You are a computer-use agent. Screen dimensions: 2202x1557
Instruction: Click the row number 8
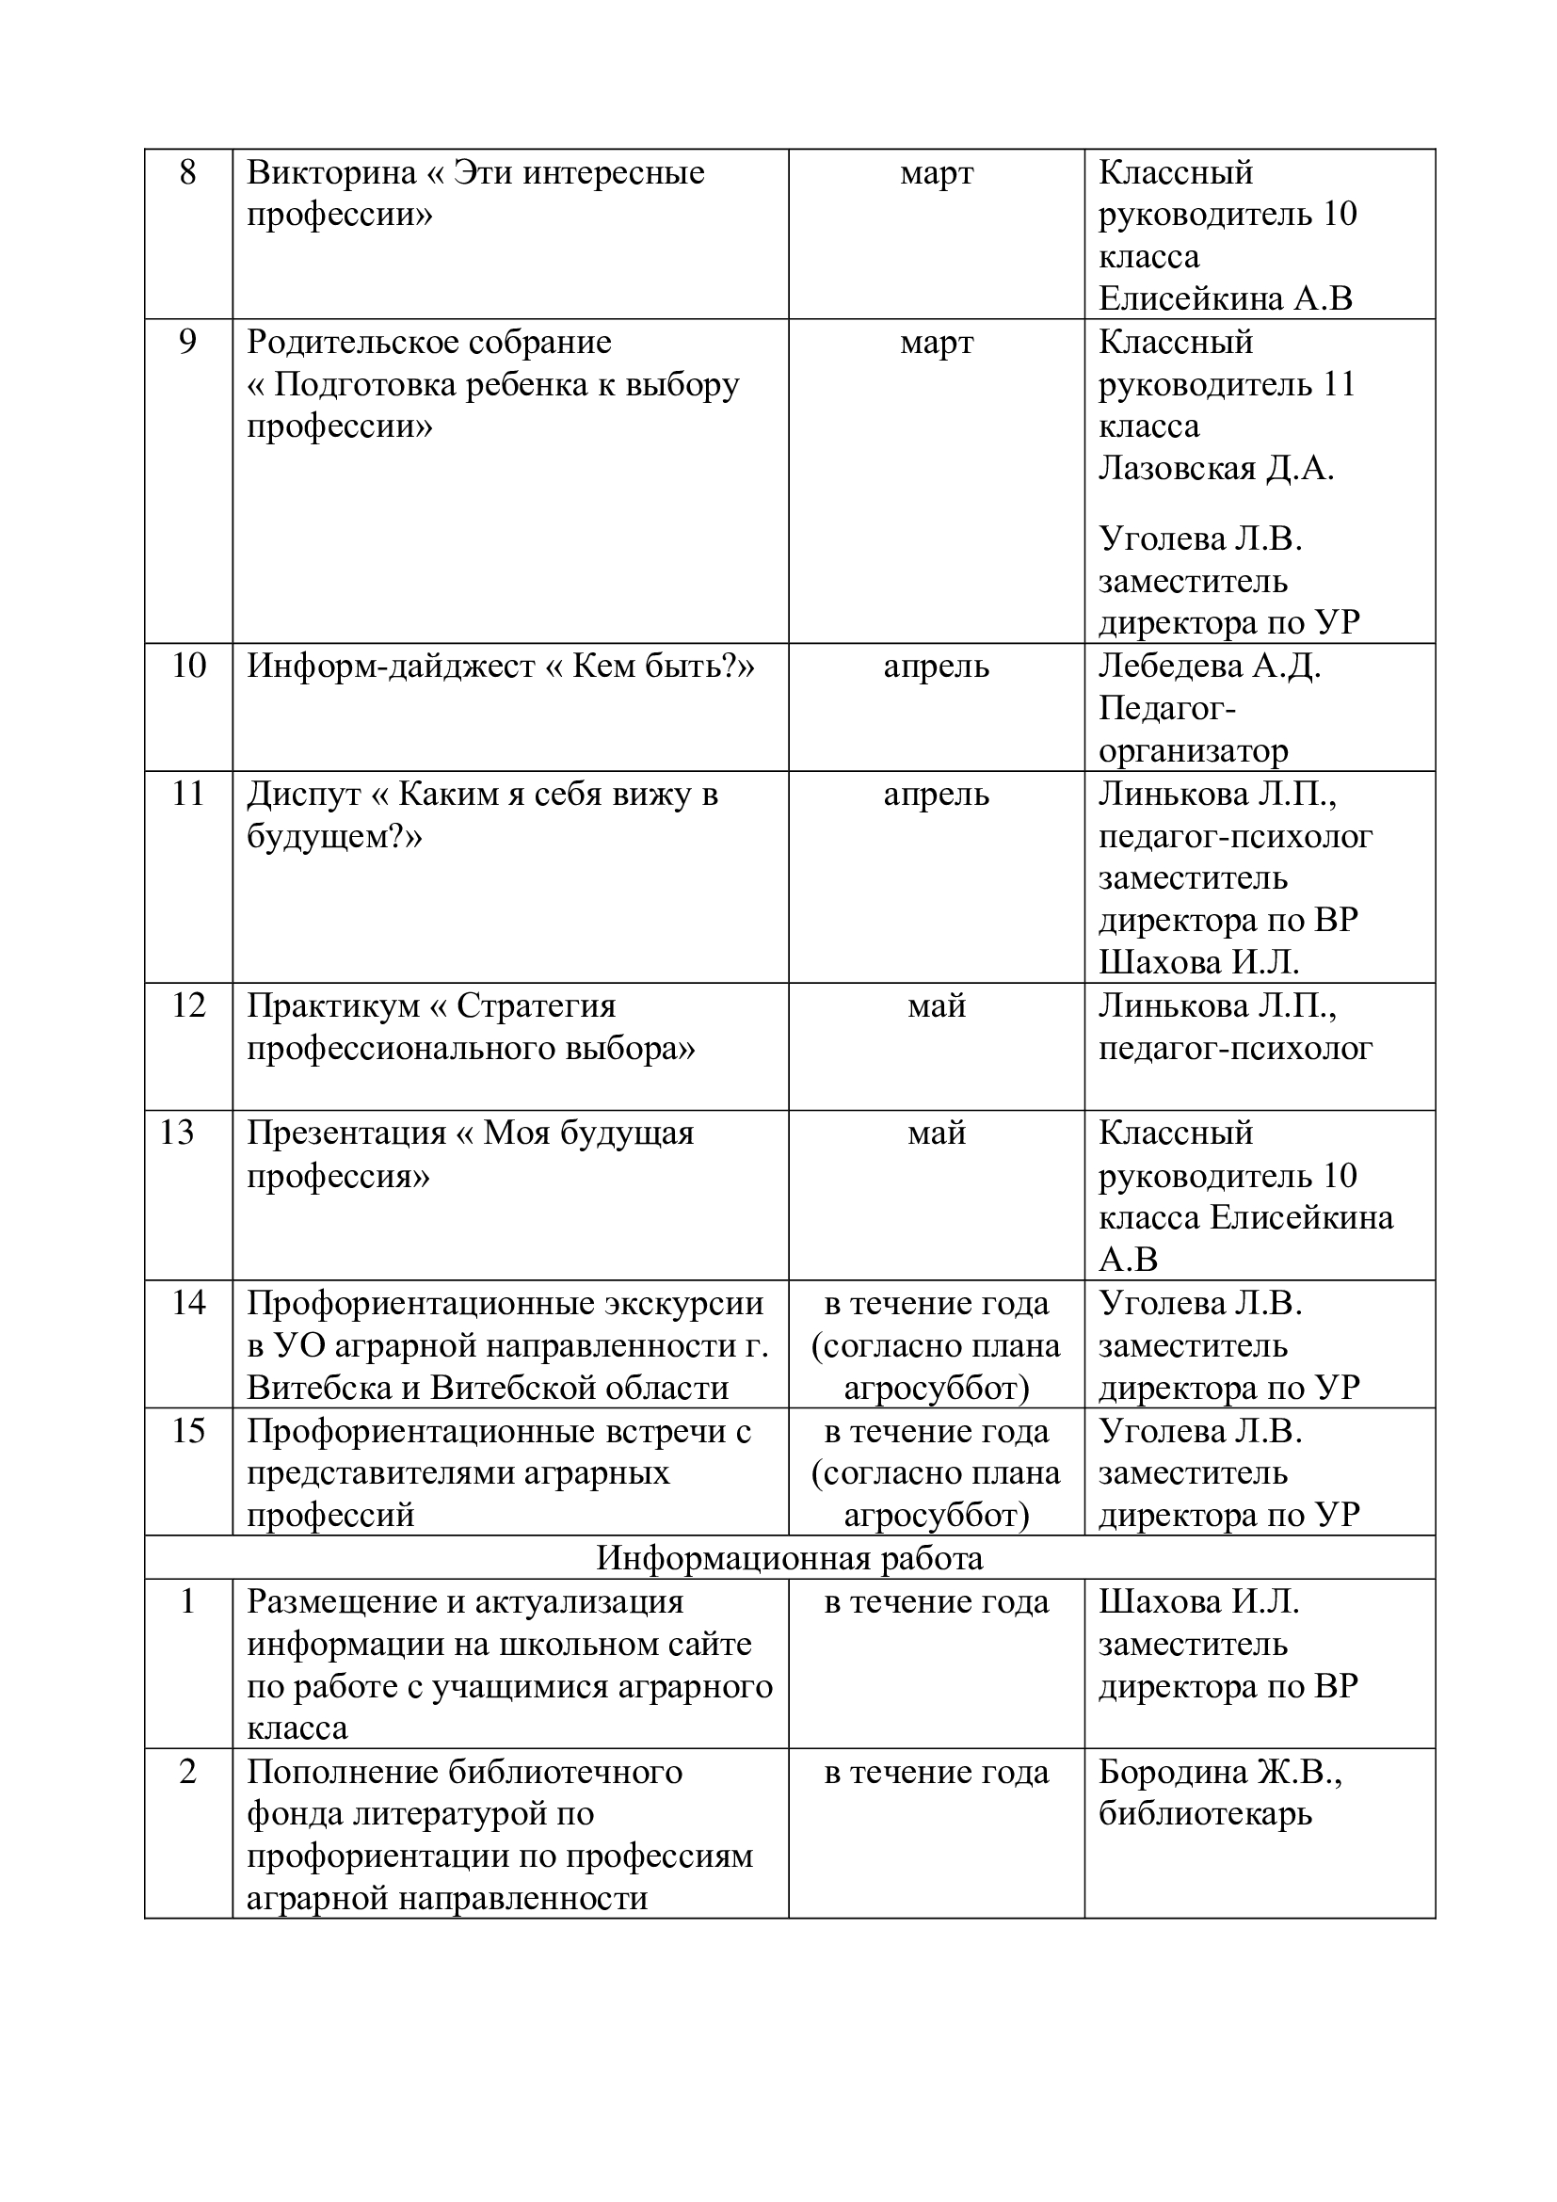(188, 172)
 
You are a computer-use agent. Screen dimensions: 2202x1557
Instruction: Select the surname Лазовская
(1177, 468)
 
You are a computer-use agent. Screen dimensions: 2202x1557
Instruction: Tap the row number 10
(188, 666)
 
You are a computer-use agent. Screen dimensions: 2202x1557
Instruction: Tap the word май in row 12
(936, 1005)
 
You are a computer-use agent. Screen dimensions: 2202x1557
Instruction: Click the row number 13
(176, 1133)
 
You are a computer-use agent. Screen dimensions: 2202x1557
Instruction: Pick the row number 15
(188, 1431)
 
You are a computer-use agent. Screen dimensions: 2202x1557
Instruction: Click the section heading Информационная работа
(789, 1558)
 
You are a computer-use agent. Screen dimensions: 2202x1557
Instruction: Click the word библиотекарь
(1205, 1813)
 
